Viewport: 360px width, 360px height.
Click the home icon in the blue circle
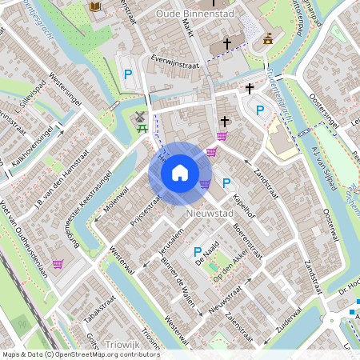[180, 173]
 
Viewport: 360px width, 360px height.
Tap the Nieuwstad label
[209, 214]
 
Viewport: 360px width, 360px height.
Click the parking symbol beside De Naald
[198, 254]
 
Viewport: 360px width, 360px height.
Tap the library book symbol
[95, 6]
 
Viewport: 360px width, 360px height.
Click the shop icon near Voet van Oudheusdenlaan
[58, 263]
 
